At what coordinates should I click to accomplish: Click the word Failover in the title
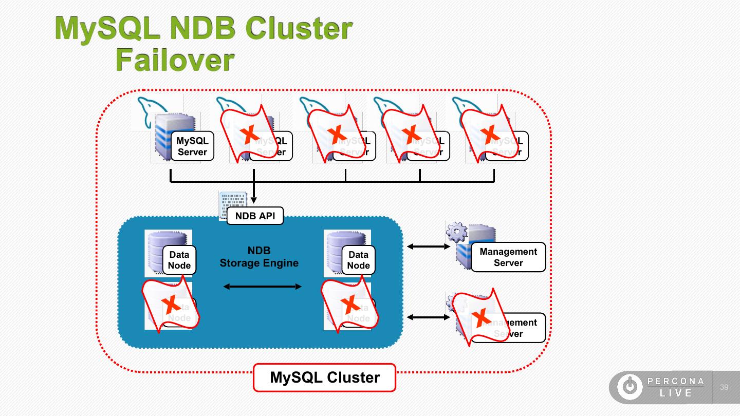pos(175,60)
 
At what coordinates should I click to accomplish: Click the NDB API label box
pos(255,216)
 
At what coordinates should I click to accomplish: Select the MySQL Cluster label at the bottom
pos(324,378)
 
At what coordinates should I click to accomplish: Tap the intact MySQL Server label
pos(192,146)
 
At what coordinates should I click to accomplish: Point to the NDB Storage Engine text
pos(259,257)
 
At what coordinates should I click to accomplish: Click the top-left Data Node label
pos(179,260)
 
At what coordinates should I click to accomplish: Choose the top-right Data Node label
pos(358,260)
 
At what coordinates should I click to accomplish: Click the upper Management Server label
pos(508,257)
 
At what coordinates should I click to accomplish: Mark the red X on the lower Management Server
pos(482,318)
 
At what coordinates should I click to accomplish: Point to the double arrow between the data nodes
pos(263,287)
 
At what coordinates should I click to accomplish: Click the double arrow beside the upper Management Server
pos(429,247)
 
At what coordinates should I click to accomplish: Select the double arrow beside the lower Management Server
pos(429,317)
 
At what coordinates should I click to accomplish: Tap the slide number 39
pos(724,387)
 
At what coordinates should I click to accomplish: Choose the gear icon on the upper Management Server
pos(457,232)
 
